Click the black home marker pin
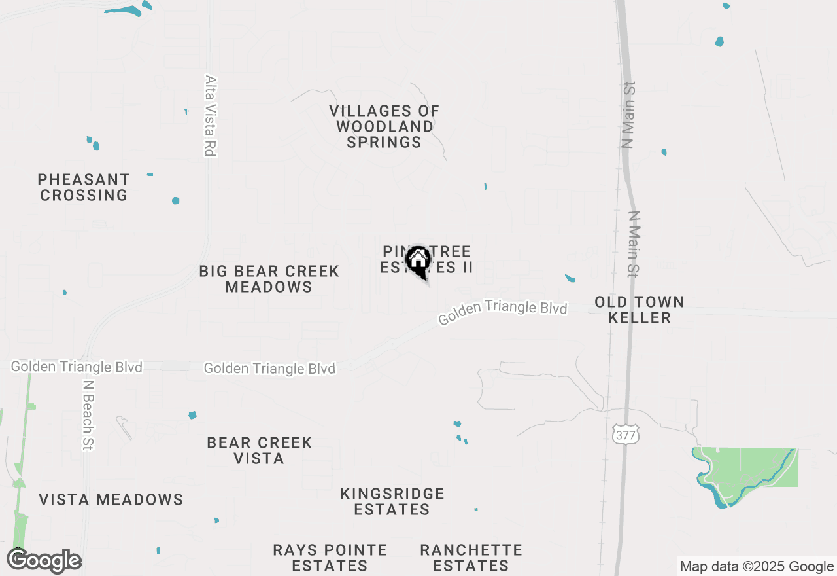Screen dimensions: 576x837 pyautogui.click(x=418, y=262)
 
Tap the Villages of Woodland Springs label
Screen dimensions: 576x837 pyautogui.click(x=384, y=126)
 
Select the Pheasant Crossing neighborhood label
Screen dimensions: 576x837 pyautogui.click(x=83, y=187)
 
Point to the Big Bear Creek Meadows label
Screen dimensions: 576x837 pyautogui.click(x=269, y=279)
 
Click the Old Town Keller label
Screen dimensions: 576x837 pyautogui.click(x=640, y=310)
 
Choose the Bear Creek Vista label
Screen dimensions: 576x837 pyautogui.click(x=259, y=450)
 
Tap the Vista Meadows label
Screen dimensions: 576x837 pyautogui.click(x=111, y=499)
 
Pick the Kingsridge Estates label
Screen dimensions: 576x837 pyautogui.click(x=392, y=501)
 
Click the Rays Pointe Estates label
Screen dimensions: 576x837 pyautogui.click(x=330, y=558)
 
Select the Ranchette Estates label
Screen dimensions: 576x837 pyautogui.click(x=471, y=558)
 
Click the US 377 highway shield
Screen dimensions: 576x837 pyautogui.click(x=626, y=435)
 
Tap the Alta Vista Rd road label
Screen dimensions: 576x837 pyautogui.click(x=210, y=116)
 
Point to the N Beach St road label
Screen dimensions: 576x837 pyautogui.click(x=88, y=415)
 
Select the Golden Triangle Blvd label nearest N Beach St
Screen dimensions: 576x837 pyautogui.click(x=77, y=367)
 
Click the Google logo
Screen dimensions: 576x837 pyautogui.click(x=44, y=561)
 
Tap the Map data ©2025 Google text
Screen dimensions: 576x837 pyautogui.click(x=757, y=567)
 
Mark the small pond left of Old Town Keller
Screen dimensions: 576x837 pyautogui.click(x=570, y=279)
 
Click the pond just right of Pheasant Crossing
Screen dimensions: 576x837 pyautogui.click(x=175, y=200)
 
